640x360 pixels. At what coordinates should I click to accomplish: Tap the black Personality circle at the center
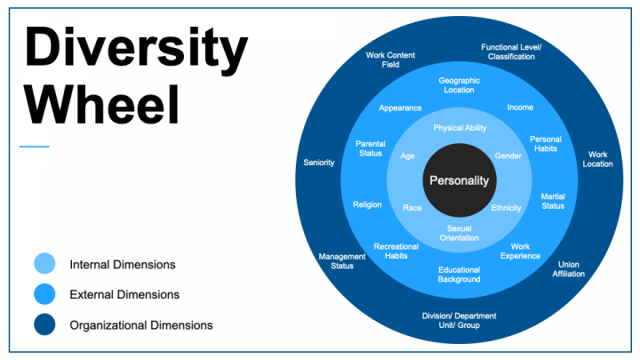(459, 180)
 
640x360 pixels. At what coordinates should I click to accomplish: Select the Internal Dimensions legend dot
(45, 264)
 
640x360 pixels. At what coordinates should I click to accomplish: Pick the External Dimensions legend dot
(45, 294)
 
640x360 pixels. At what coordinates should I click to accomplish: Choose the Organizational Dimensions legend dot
(45, 324)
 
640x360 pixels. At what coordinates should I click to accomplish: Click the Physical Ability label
(460, 128)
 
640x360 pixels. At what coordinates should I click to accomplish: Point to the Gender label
(508, 156)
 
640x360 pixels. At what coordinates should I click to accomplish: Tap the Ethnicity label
(506, 208)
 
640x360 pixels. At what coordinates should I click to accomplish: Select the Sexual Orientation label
(459, 233)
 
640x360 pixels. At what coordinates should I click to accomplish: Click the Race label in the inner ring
(412, 208)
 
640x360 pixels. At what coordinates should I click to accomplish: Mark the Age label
(408, 156)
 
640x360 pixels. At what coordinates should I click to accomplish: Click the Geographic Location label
(459, 84)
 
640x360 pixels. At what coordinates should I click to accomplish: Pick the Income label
(520, 108)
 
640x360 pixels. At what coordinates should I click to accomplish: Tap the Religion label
(367, 204)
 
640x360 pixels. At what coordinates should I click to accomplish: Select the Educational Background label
(459, 275)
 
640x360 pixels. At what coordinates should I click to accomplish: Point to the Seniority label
(319, 163)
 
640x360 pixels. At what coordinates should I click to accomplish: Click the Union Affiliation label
(568, 268)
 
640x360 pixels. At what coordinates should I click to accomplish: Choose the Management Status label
(342, 260)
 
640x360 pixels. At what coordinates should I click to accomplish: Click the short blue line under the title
(34, 147)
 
